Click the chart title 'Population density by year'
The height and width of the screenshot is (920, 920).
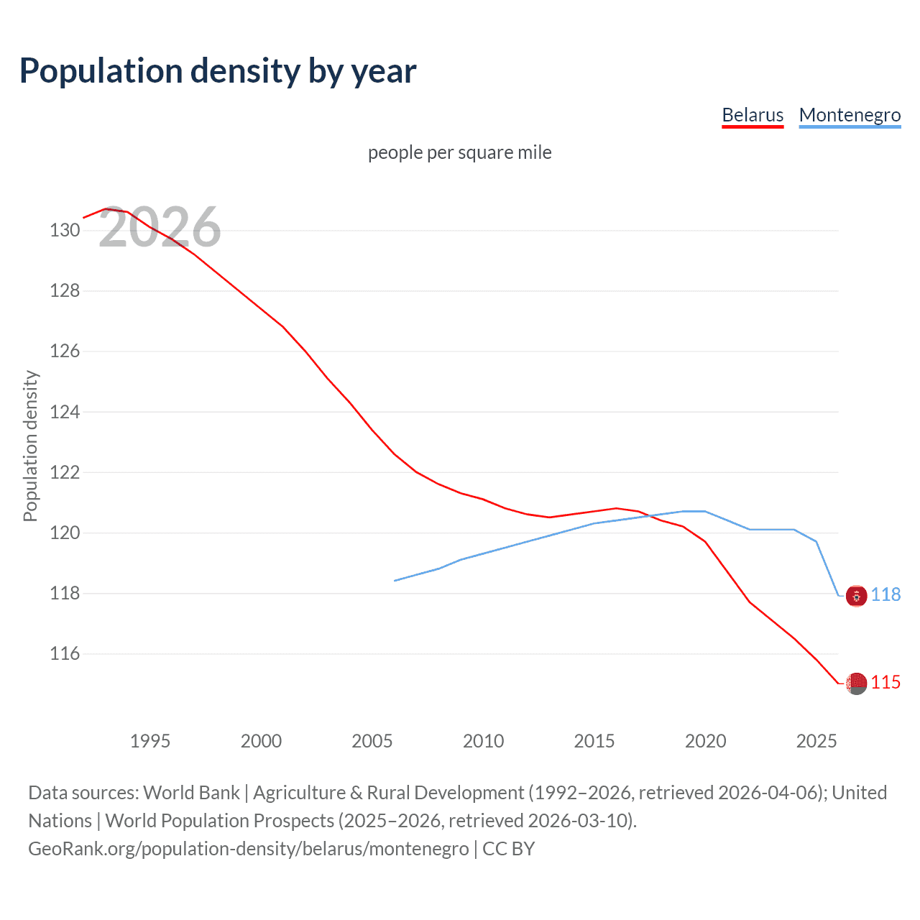click(218, 71)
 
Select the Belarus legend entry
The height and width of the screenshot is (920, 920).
click(753, 115)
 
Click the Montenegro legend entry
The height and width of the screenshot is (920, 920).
click(850, 115)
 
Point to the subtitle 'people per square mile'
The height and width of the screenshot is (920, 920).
click(459, 152)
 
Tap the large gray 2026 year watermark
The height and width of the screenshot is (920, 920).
click(160, 228)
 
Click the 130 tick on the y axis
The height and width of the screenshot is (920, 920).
click(65, 231)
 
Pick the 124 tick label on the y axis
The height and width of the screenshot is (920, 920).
click(65, 413)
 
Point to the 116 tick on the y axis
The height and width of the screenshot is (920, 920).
click(65, 654)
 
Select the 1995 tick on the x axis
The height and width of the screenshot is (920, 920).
click(149, 741)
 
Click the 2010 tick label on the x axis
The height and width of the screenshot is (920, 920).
click(483, 741)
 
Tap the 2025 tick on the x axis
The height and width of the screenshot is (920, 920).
click(816, 741)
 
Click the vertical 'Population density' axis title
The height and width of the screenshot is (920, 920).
click(30, 446)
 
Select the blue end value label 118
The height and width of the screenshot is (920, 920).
click(885, 595)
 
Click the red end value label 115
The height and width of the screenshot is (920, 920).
click(885, 683)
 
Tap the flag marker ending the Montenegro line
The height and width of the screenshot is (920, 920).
click(856, 596)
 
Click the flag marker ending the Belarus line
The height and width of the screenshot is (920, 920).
click(856, 683)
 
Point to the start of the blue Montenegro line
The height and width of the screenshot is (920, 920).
click(395, 581)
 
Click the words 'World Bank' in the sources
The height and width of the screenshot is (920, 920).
click(191, 793)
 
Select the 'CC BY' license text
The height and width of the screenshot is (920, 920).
click(508, 849)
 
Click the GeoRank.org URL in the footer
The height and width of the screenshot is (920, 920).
click(248, 849)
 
